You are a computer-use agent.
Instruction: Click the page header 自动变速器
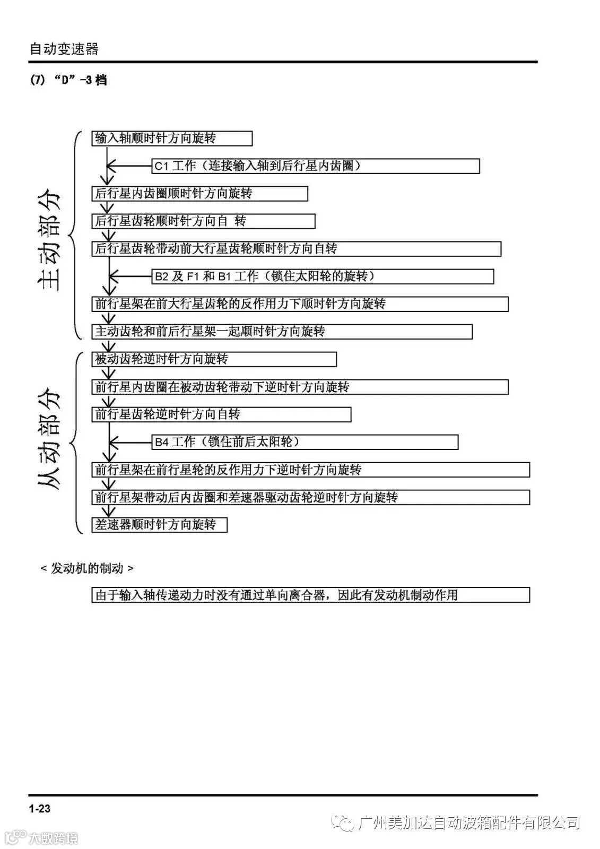click(64, 49)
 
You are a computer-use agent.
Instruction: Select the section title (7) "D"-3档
click(68, 80)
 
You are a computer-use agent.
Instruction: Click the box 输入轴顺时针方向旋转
click(171, 138)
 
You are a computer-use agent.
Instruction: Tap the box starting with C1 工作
click(316, 166)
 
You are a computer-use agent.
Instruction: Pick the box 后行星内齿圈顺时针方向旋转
click(199, 194)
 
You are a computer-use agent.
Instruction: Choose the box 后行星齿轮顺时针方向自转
click(203, 221)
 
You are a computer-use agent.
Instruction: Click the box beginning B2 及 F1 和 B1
click(323, 276)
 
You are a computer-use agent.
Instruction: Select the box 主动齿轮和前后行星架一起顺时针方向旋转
click(282, 332)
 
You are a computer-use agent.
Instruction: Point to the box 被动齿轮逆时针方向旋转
click(214, 359)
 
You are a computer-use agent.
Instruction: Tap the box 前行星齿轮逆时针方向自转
click(221, 414)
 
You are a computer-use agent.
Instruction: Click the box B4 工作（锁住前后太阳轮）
click(305, 442)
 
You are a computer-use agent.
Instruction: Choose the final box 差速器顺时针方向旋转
click(159, 525)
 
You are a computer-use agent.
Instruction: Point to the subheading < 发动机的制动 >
click(87, 568)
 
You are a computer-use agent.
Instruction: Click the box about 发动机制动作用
click(310, 595)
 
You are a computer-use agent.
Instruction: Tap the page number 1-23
click(40, 808)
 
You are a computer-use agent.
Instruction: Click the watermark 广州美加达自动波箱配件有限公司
click(469, 823)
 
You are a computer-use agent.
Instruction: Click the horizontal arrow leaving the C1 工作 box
click(130, 166)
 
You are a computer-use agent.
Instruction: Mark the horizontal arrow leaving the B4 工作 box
click(130, 442)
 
